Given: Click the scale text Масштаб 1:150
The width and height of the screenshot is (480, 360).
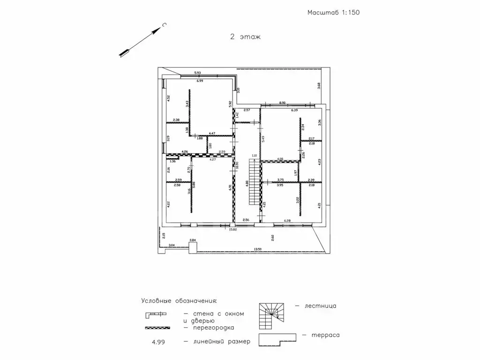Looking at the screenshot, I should point(333,13).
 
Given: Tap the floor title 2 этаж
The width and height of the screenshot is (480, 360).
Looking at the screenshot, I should point(245,36).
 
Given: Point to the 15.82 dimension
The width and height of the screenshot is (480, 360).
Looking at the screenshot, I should point(232,230).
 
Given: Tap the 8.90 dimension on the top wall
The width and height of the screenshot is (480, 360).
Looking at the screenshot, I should point(282,102).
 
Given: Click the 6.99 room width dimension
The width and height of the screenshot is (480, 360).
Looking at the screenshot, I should point(200,81).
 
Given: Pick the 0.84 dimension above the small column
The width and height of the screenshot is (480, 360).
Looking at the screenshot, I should point(192,240).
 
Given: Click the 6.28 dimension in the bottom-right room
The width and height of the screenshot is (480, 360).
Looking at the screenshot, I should point(288,220).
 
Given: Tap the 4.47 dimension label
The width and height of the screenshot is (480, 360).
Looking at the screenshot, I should point(212,133).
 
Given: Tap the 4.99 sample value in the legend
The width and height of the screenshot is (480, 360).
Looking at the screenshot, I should point(158,343).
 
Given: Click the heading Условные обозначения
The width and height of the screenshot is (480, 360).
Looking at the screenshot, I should point(179,300).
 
